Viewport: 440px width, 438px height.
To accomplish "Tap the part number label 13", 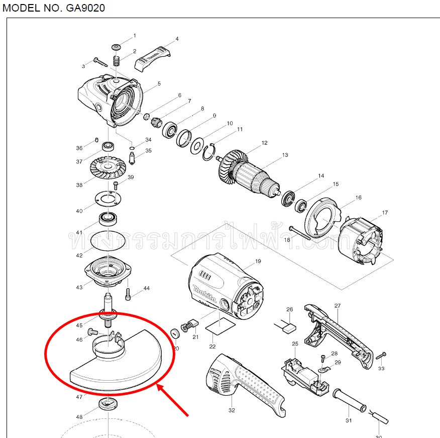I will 285,155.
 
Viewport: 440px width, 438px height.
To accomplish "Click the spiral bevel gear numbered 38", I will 106,168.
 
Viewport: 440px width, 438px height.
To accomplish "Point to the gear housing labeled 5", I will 111,100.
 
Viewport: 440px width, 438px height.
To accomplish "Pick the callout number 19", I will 258,261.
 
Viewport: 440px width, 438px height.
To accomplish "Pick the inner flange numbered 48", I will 108,403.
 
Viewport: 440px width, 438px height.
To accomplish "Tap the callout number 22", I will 212,346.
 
